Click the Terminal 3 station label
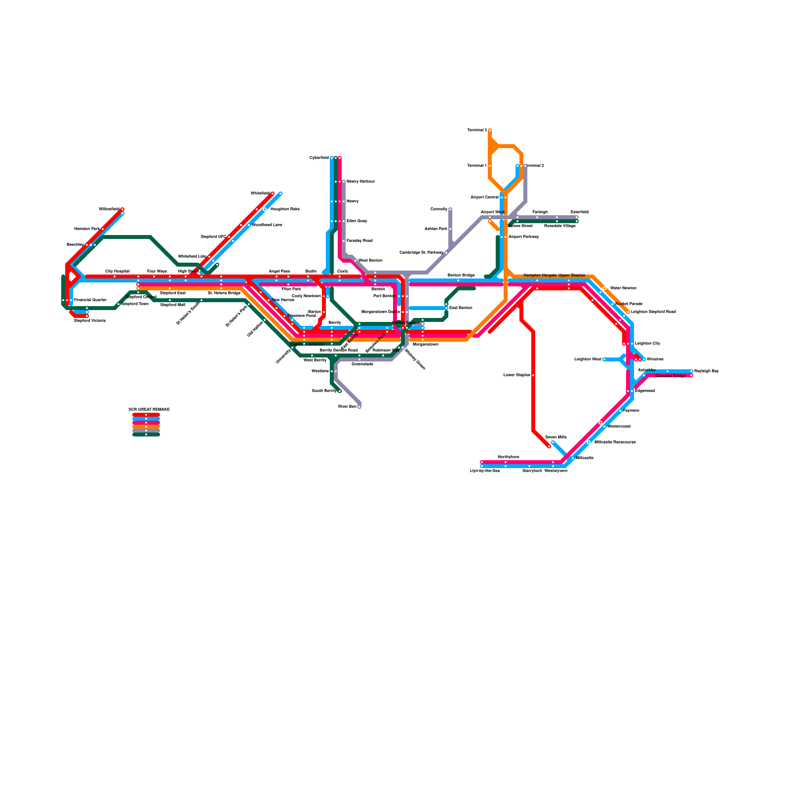[x=477, y=130]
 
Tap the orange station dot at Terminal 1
[x=490, y=166]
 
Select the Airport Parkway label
[x=523, y=237]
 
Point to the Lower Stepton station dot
[x=533, y=375]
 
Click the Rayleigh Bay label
[x=706, y=371]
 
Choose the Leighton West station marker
[x=604, y=359]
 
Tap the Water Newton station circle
[x=604, y=288]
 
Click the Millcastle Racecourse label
[x=615, y=442]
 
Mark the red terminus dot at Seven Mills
[x=549, y=446]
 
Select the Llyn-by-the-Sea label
[x=484, y=471]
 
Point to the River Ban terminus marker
[x=359, y=407]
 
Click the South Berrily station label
[x=324, y=391]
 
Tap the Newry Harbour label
[x=360, y=182]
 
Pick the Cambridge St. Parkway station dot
[x=446, y=253]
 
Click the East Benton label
[x=461, y=308]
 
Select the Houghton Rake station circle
[x=265, y=209]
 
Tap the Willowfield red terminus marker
[x=122, y=209]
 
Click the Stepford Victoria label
[x=89, y=321]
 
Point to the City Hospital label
[x=117, y=272]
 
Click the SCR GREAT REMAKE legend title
[x=149, y=410]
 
